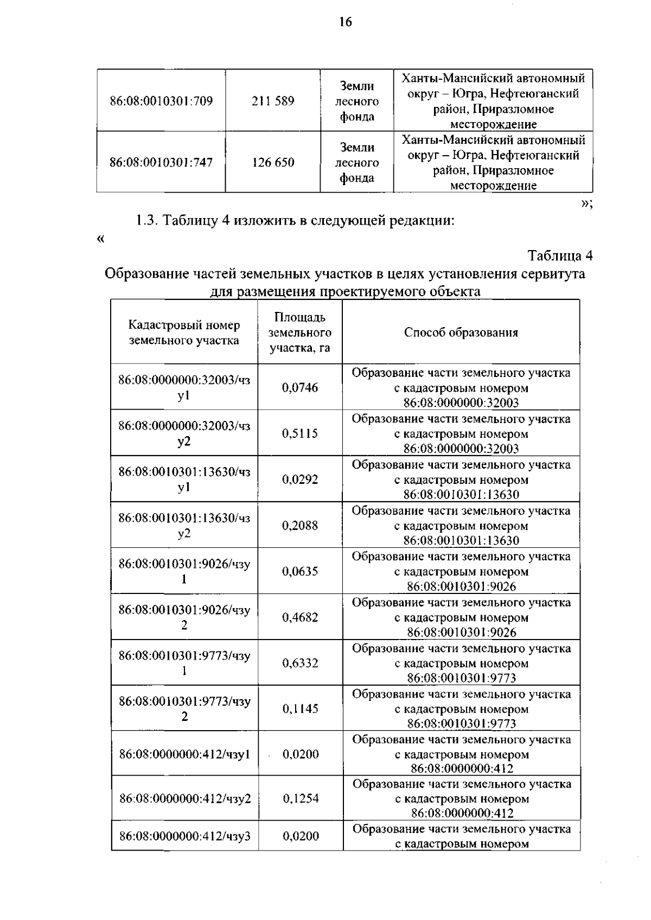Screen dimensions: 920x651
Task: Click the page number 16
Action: click(x=346, y=22)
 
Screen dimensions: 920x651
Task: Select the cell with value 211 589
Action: click(x=273, y=101)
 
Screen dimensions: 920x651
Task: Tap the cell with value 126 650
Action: click(x=273, y=162)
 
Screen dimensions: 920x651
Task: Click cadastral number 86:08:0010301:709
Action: click(x=161, y=101)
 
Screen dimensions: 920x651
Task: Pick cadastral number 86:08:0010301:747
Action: click(x=161, y=162)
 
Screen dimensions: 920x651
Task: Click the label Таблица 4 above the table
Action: click(x=560, y=255)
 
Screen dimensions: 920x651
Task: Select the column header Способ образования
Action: click(x=461, y=333)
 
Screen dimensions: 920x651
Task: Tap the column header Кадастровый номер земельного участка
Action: click(x=184, y=333)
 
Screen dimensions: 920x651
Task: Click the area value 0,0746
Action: click(x=300, y=387)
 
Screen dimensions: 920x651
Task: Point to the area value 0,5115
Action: click(x=300, y=433)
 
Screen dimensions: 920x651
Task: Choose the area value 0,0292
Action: click(x=300, y=480)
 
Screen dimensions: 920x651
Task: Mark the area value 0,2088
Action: click(x=300, y=525)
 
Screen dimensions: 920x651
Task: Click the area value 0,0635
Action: click(x=300, y=571)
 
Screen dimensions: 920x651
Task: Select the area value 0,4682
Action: click(x=300, y=617)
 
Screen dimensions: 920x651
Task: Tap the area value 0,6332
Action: click(x=300, y=663)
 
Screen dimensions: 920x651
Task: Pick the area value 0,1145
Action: click(x=300, y=708)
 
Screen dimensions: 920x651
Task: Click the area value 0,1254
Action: click(x=301, y=798)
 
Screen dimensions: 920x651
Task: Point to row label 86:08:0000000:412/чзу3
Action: click(x=185, y=836)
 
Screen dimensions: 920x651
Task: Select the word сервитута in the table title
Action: click(x=553, y=273)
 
